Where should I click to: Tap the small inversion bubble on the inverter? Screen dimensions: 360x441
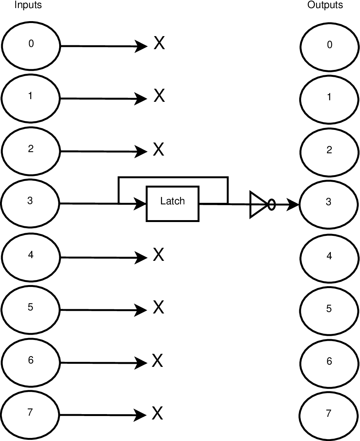(x=271, y=204)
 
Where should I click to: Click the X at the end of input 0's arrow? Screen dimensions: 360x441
(x=159, y=43)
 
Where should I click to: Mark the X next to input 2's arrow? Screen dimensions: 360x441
(x=159, y=149)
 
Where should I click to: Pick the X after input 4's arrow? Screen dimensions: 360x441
(x=159, y=255)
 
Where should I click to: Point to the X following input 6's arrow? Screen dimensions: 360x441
(x=158, y=361)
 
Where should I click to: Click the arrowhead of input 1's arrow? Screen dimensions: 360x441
(x=141, y=98)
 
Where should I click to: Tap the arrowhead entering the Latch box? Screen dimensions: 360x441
(x=140, y=203)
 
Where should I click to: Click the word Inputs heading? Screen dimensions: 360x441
(x=28, y=5)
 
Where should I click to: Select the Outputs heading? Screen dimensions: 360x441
(x=325, y=5)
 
